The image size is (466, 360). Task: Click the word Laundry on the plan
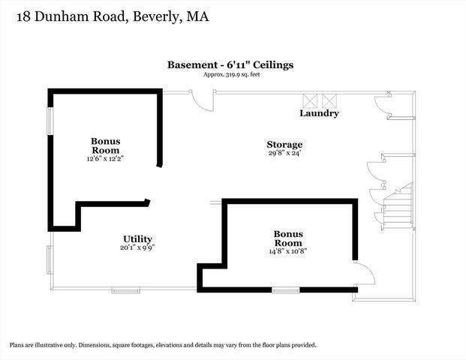coord(319,113)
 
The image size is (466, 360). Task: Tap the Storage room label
coord(284,145)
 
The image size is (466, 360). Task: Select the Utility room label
coord(137,239)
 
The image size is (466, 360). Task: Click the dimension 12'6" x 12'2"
coord(105,158)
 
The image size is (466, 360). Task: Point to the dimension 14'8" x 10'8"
coord(287,251)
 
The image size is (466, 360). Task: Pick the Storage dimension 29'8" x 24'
coord(284,154)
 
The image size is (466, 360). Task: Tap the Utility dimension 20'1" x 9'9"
coord(137,247)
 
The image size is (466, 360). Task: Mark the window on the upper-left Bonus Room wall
coord(50,121)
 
